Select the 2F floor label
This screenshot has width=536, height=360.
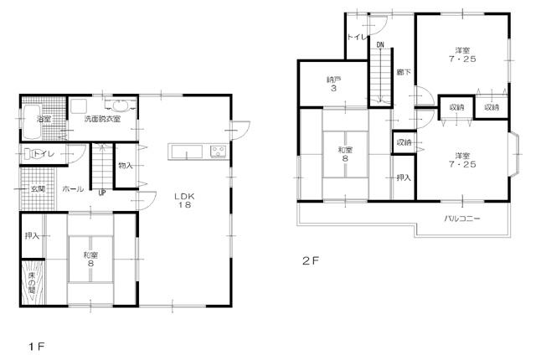click(x=311, y=260)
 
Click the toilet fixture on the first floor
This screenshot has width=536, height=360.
click(x=33, y=153)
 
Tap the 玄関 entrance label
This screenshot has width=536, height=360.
click(x=39, y=189)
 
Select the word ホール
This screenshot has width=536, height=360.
click(x=73, y=190)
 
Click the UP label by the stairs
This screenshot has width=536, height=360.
click(x=102, y=193)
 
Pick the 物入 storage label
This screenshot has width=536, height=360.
click(x=126, y=166)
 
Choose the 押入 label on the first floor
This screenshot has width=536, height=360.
click(x=33, y=236)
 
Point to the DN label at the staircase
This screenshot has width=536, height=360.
click(x=379, y=44)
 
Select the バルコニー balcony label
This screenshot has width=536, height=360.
click(x=462, y=219)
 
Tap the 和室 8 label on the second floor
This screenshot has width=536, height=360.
click(x=346, y=157)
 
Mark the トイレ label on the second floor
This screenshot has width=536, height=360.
click(x=355, y=39)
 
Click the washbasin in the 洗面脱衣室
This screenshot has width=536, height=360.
click(x=122, y=105)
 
